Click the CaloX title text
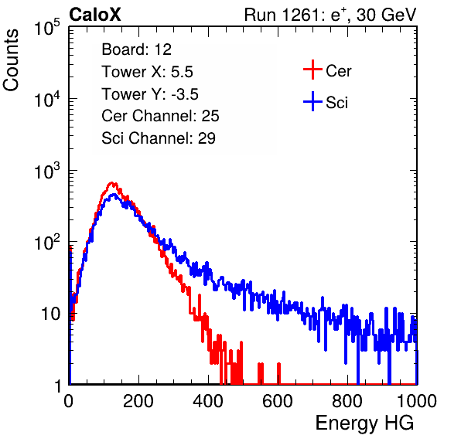[x=95, y=15]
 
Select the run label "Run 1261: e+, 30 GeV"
[x=330, y=15]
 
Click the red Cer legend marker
[x=312, y=70]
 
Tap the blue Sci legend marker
[x=312, y=101]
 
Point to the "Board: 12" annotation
[x=136, y=49]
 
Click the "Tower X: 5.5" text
[x=147, y=72]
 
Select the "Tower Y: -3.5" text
[x=150, y=94]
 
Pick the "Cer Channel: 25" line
[x=160, y=116]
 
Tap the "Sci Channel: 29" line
[x=159, y=138]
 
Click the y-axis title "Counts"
[x=11, y=60]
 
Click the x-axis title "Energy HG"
[x=364, y=423]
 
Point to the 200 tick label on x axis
[x=138, y=401]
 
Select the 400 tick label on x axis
[x=208, y=401]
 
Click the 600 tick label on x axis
[x=278, y=401]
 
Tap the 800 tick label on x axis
[x=347, y=401]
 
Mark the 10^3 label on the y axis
[x=47, y=171]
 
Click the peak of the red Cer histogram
[x=111, y=182]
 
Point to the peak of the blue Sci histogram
[x=114, y=195]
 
